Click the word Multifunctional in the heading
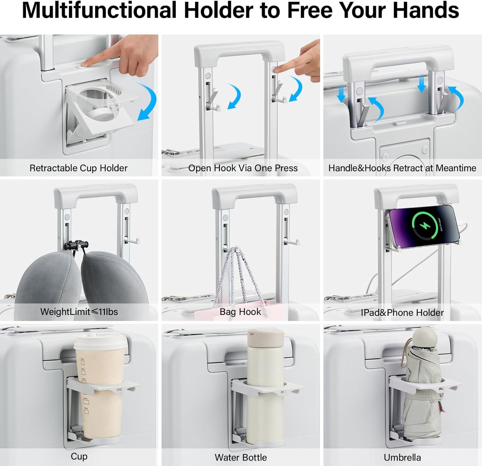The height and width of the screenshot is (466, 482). click(x=99, y=10)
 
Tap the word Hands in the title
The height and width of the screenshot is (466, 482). click(x=426, y=10)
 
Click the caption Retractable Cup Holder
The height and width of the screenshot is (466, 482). click(x=78, y=168)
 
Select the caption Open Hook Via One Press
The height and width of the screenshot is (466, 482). click(x=243, y=168)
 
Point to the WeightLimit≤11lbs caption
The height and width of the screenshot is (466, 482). click(x=79, y=312)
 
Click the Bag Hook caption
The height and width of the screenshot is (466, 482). click(x=240, y=312)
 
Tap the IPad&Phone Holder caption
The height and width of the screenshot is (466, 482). click(x=402, y=313)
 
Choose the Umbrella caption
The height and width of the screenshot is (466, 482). click(x=402, y=457)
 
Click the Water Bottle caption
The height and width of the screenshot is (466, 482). click(x=241, y=457)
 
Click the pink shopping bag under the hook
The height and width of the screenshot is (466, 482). click(x=239, y=311)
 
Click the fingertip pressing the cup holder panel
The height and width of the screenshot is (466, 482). click(x=85, y=63)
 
